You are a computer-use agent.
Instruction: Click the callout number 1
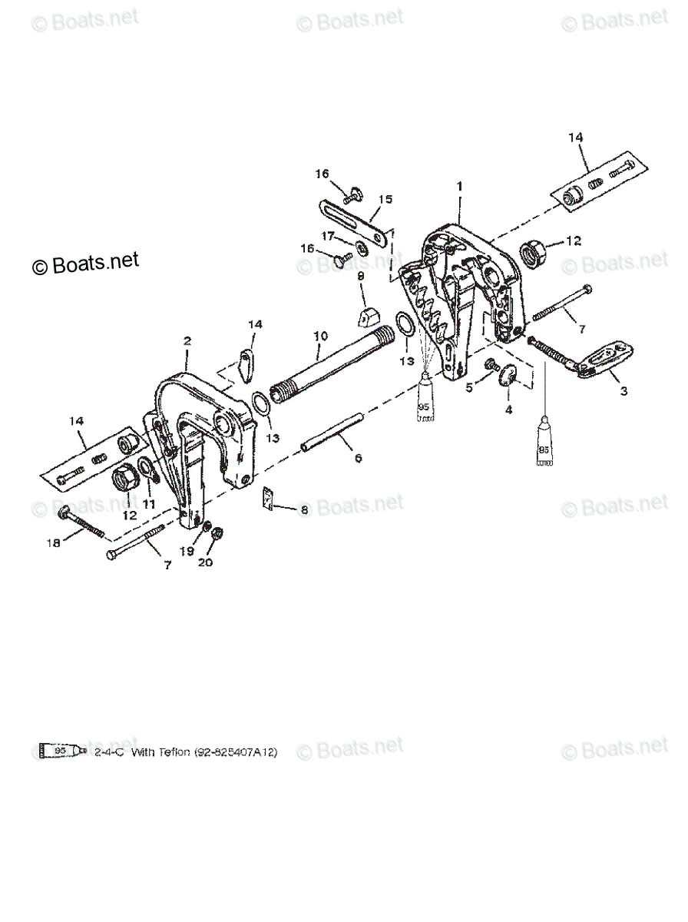(459, 186)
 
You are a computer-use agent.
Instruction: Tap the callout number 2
(187, 340)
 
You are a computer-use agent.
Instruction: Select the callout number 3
(623, 391)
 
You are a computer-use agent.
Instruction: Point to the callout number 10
(320, 336)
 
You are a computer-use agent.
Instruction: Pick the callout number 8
(304, 509)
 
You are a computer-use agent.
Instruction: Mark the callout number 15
(385, 199)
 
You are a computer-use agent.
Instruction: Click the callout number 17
(327, 235)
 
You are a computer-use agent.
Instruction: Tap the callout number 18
(53, 543)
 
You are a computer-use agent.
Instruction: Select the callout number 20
(204, 562)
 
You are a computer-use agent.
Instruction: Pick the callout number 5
(470, 388)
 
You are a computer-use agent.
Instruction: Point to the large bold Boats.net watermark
(85, 264)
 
